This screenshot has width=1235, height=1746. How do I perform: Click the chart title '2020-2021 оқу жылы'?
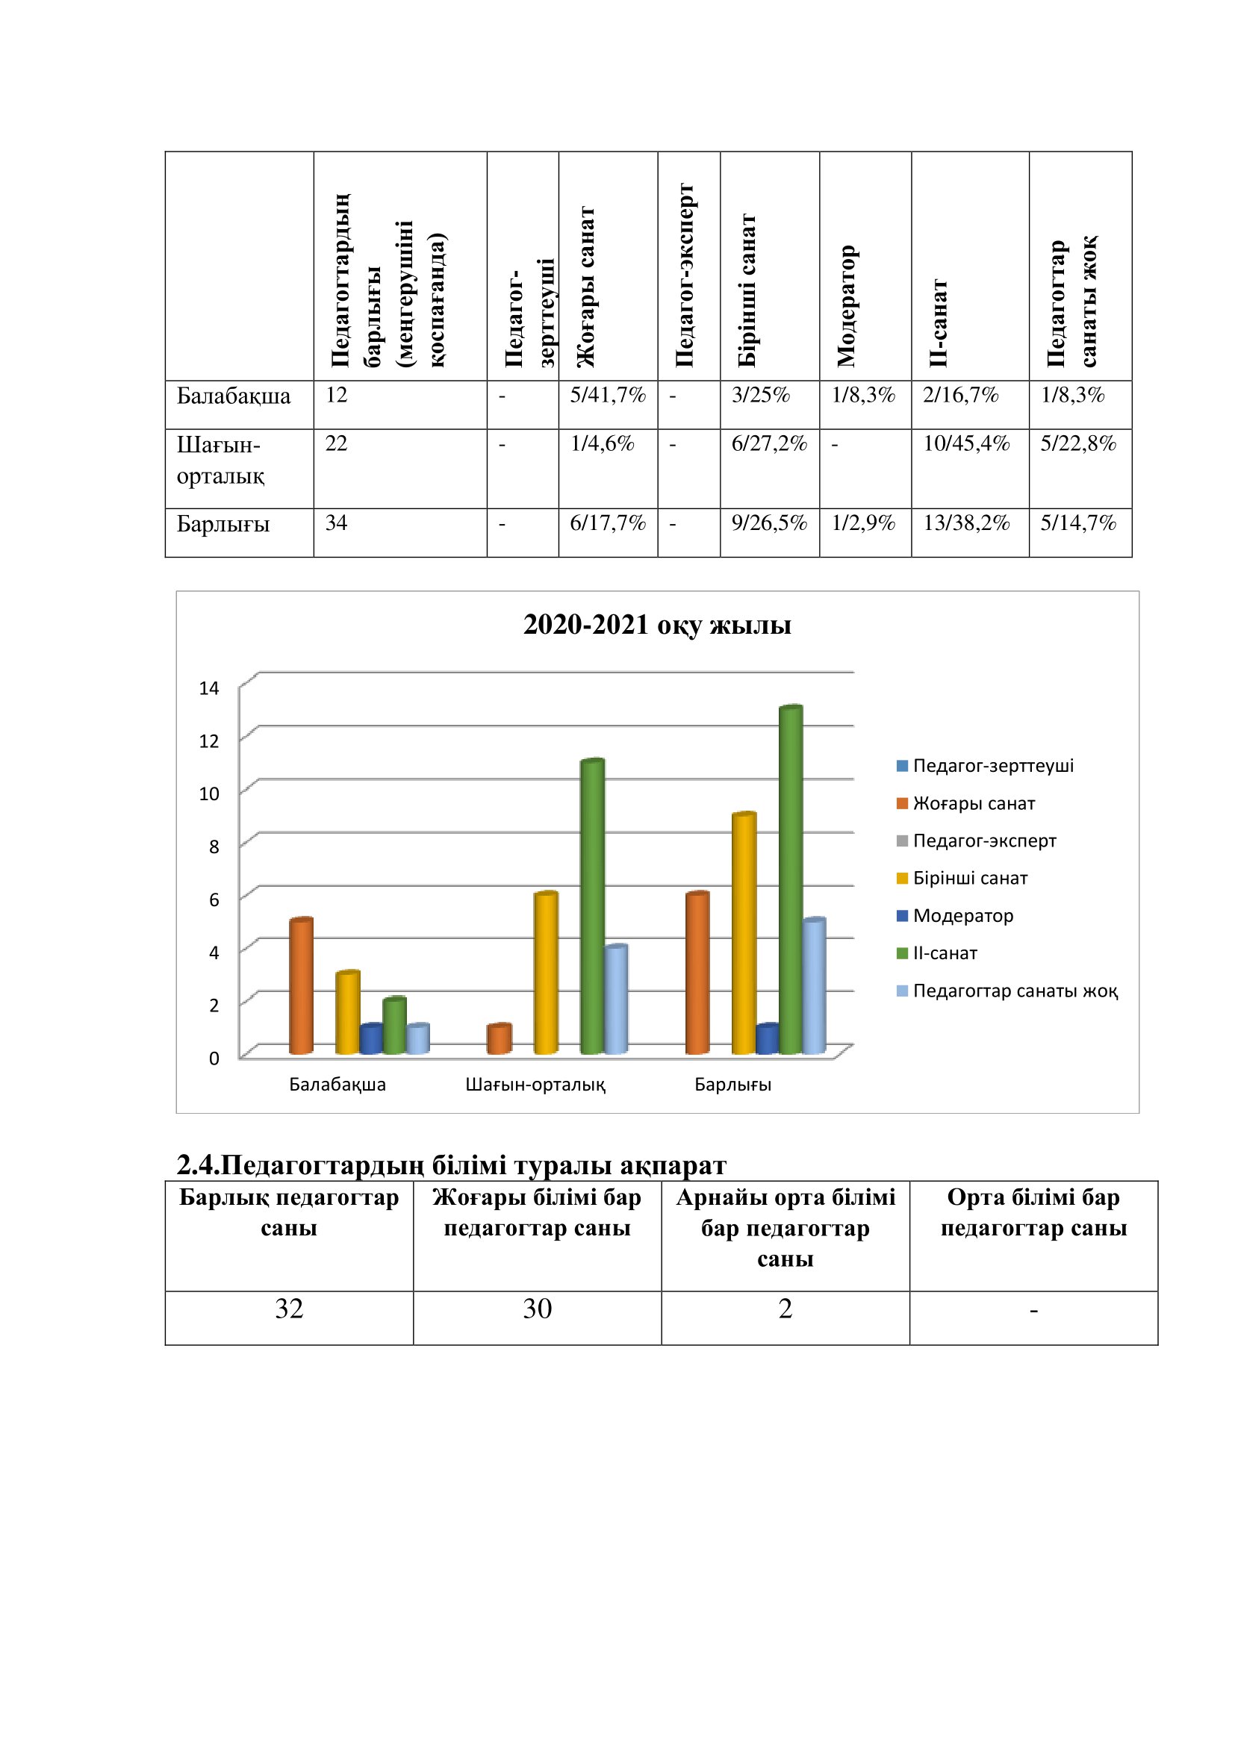coord(657,625)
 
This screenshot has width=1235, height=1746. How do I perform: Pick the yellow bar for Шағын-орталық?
coord(545,973)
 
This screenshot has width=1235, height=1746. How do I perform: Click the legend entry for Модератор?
coord(962,916)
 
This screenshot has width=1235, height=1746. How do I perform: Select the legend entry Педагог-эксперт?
coord(984,841)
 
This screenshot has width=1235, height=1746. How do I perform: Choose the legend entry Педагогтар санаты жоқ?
coord(1015,991)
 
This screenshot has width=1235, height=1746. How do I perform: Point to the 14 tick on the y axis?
coord(208,688)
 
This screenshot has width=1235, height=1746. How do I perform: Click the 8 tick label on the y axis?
coord(214,847)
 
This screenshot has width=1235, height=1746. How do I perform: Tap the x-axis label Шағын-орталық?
coord(535,1085)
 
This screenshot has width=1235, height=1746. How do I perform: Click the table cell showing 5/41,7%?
coord(608,396)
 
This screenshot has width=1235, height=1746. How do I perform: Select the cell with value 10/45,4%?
coord(965,444)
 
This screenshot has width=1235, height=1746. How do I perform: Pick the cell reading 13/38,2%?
coord(965,523)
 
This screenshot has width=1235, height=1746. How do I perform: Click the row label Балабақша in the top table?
coord(234,396)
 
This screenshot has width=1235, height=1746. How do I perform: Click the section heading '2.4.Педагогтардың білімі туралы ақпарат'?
coord(451,1165)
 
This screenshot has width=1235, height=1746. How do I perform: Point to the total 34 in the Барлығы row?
coord(336,523)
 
